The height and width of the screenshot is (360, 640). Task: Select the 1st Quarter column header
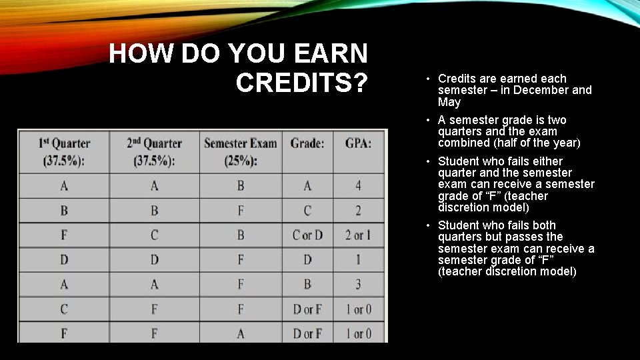coord(64,152)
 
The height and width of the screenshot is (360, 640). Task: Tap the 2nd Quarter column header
coord(154,152)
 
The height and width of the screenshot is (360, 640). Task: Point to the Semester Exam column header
coord(241,152)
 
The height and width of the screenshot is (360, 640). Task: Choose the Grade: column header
coord(307,143)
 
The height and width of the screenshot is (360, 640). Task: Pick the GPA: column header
coord(358,143)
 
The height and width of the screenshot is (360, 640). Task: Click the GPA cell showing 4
coord(358,186)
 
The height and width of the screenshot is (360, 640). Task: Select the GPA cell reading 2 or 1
coord(358,235)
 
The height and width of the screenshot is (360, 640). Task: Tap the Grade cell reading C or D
coord(307,235)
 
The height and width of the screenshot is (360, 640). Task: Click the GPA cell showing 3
coord(358,285)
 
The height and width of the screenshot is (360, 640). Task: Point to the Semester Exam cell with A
coord(241,333)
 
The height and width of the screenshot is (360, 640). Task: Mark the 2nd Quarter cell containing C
coord(154,235)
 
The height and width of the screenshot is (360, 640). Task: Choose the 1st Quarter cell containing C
coord(64,309)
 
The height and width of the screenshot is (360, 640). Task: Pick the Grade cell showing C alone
coord(307,211)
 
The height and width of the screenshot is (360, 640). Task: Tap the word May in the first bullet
coord(449,102)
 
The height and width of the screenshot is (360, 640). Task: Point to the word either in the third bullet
coord(547,161)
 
